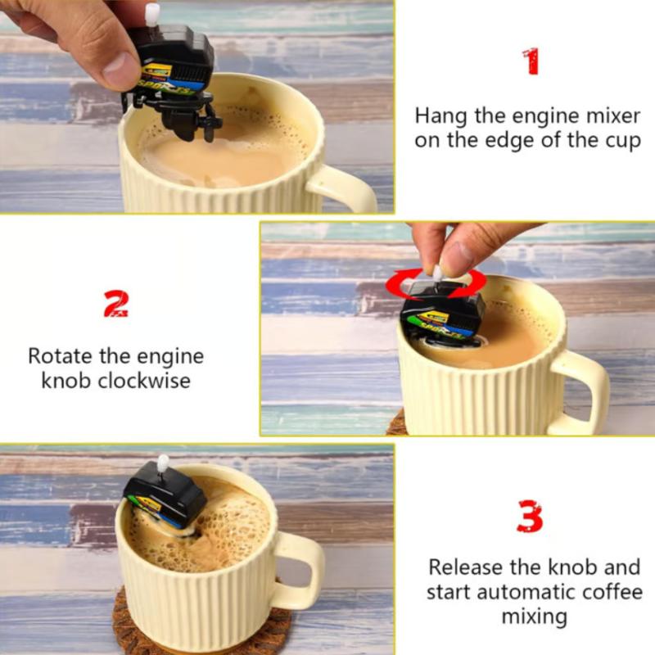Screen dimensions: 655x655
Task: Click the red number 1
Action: (531, 61)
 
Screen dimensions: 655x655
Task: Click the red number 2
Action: (115, 305)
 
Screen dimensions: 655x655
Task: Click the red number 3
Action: (531, 516)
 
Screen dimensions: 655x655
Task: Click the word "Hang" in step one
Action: (440, 116)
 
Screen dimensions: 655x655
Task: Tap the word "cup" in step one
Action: (622, 141)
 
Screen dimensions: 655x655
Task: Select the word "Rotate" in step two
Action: (60, 356)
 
